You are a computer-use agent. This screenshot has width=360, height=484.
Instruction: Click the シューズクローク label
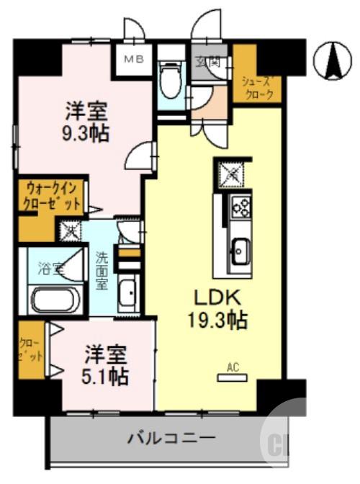pyautogui.click(x=257, y=86)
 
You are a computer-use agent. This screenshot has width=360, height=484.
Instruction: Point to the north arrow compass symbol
pyautogui.click(x=333, y=60)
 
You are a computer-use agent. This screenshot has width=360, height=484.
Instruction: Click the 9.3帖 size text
pyautogui.click(x=86, y=134)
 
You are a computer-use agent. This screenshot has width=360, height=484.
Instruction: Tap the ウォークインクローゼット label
pyautogui.click(x=53, y=197)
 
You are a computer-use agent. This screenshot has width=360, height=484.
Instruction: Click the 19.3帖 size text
pyautogui.click(x=214, y=321)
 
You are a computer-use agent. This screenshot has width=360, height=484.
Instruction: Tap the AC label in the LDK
pyautogui.click(x=232, y=367)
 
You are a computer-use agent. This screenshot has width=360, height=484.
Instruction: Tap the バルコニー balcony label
pyautogui.click(x=171, y=437)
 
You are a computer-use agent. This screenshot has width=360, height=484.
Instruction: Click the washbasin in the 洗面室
pyautogui.click(x=128, y=293)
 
